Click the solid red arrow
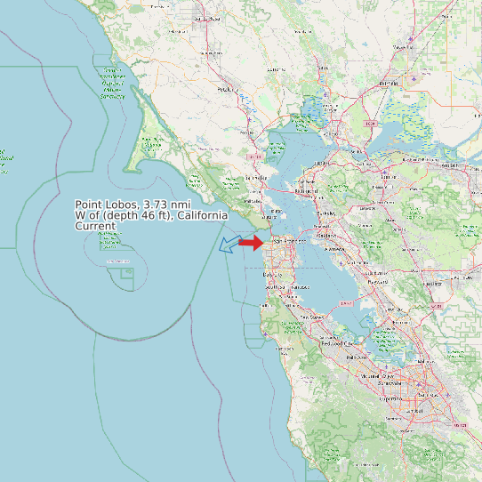click(252, 242)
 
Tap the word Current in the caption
click(95, 226)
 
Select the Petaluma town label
click(226, 89)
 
